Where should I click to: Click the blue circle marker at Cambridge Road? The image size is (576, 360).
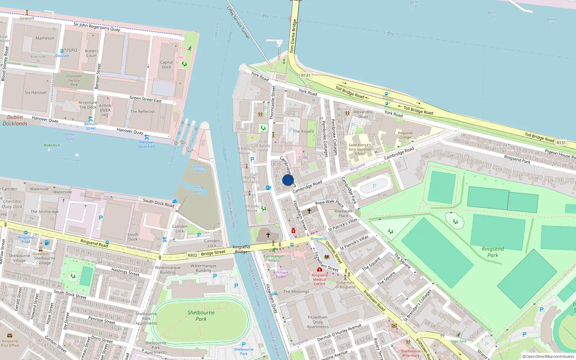pos(288,180)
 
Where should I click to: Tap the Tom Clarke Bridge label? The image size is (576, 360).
pos(293,36)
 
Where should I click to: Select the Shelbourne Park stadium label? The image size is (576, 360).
pos(201,315)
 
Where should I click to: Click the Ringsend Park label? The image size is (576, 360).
pos(492,252)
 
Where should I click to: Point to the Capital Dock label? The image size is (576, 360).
pos(166,64)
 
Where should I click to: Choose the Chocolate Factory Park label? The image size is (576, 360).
pos(74,80)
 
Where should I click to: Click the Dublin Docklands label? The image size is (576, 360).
pos(15,120)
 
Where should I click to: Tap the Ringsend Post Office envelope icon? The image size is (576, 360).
pos(10,336)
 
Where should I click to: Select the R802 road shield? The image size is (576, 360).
pos(193,255)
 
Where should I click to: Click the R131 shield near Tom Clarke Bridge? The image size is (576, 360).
pos(306,75)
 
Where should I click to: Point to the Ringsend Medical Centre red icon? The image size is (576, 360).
pos(319,269)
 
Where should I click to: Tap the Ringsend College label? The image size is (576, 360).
pos(405,135)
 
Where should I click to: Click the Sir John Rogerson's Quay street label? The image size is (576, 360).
pos(97,27)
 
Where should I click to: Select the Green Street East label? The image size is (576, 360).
pos(145,99)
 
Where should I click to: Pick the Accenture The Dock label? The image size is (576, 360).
pos(88,105)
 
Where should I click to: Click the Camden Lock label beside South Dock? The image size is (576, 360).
pos(180,229)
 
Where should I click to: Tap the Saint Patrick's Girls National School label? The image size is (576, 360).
pos(359,149)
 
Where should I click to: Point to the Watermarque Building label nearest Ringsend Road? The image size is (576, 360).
pos(168,270)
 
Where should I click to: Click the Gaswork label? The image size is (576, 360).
pos(27,18)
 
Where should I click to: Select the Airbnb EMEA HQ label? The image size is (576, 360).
pos(105,110)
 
